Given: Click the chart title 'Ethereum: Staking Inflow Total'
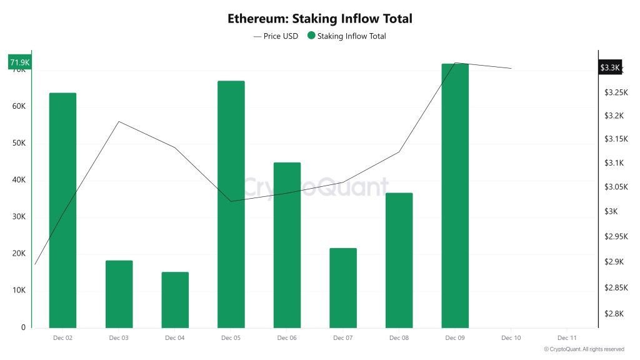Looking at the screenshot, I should (319, 19).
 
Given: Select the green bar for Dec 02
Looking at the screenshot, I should (62, 210).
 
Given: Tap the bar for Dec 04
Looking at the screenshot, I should (175, 300).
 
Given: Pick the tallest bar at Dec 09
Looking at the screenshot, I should (455, 196).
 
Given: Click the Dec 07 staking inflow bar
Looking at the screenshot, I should (343, 288).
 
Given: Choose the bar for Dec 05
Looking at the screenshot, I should (231, 204).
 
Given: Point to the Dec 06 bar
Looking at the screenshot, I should (287, 245).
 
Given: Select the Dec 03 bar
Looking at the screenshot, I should (119, 294).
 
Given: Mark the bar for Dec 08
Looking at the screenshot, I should (399, 260).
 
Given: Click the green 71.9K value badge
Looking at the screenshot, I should (19, 62).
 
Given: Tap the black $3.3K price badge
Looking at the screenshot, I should (609, 67).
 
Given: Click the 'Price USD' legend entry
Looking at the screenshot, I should (276, 36).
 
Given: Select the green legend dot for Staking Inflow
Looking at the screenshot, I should (311, 36).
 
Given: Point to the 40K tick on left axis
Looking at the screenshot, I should (19, 180).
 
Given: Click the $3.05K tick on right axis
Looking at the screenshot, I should (616, 187).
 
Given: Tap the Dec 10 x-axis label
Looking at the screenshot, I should (511, 338).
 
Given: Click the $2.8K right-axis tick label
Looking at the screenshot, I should (614, 314).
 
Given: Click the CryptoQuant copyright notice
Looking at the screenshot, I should (584, 349).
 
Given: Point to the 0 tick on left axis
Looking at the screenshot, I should (23, 327).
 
